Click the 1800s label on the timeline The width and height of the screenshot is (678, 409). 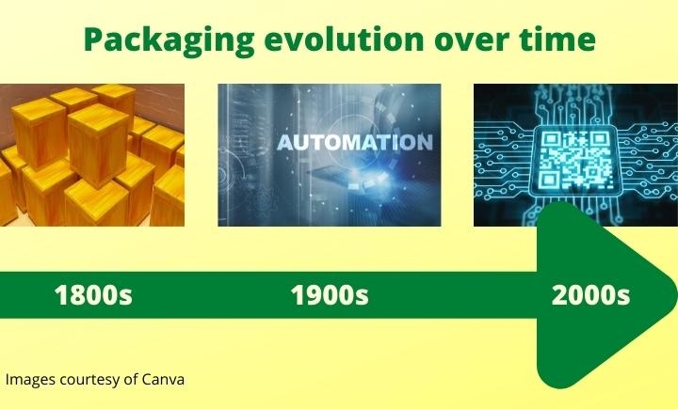(93, 295)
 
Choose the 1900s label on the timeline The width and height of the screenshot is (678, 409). (329, 295)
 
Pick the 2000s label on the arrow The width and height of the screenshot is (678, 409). (590, 295)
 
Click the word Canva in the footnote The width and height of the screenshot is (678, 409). (163, 380)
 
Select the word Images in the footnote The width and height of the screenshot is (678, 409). (28, 380)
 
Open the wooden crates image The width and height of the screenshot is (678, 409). (92, 155)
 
